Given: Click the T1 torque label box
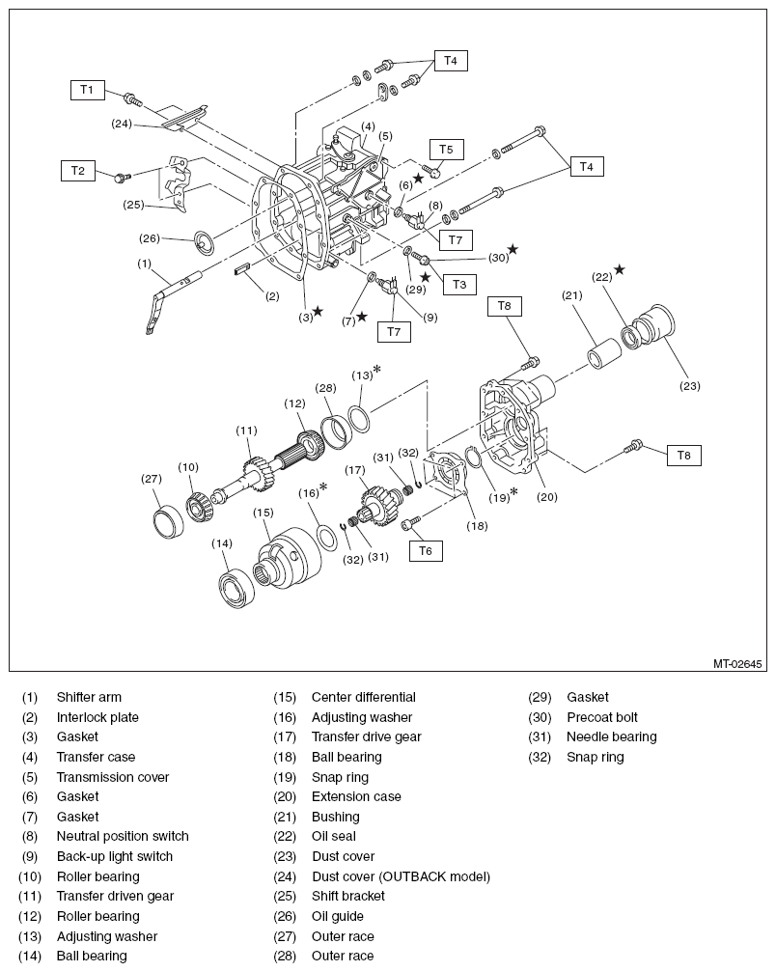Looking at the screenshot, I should click(x=86, y=90).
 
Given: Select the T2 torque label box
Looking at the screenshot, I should click(x=78, y=171).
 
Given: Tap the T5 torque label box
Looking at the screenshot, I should click(x=445, y=150).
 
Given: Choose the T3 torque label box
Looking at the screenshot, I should click(x=458, y=285).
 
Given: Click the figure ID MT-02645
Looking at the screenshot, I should click(x=738, y=664).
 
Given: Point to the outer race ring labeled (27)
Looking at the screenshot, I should click(x=169, y=520).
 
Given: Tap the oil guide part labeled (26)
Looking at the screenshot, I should click(x=207, y=240).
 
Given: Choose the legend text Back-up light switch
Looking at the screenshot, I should click(x=114, y=856).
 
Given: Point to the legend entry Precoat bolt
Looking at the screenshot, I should click(x=602, y=717).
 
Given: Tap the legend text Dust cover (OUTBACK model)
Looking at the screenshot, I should click(x=401, y=876).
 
